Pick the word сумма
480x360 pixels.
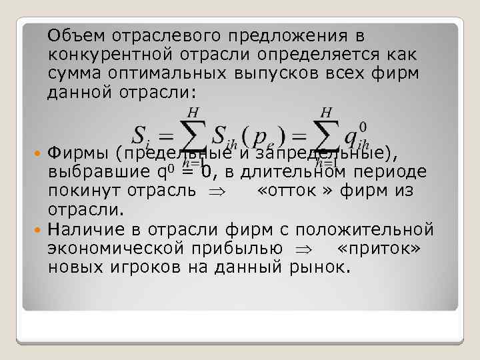coord(74,72)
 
